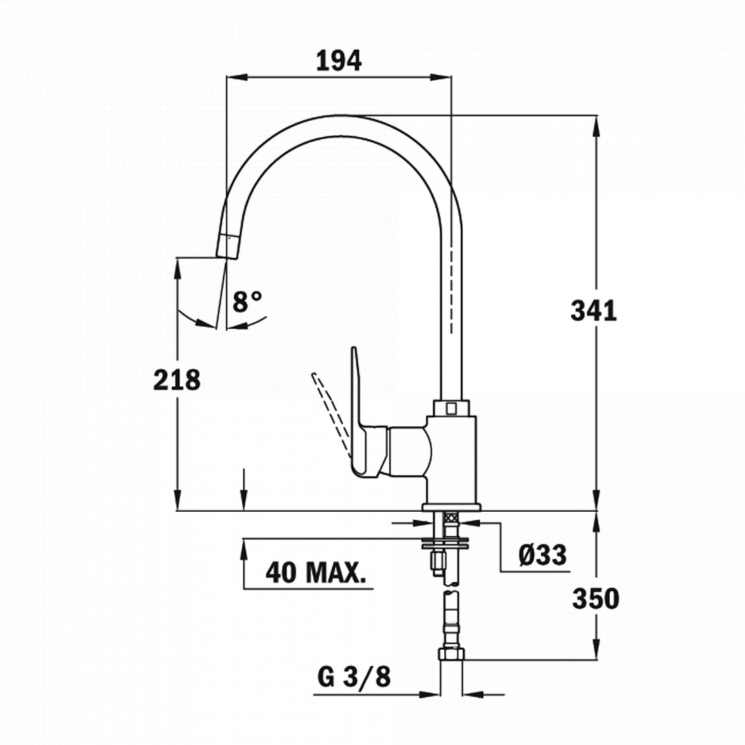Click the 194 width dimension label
tap(339, 61)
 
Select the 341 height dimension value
tap(593, 310)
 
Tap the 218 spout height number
tap(177, 380)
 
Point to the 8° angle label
tap(247, 301)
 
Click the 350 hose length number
tap(596, 599)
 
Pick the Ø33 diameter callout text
tap(543, 555)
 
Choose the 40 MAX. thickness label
tap(316, 573)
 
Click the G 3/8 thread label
tap(354, 677)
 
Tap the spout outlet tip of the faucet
tap(226, 247)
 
